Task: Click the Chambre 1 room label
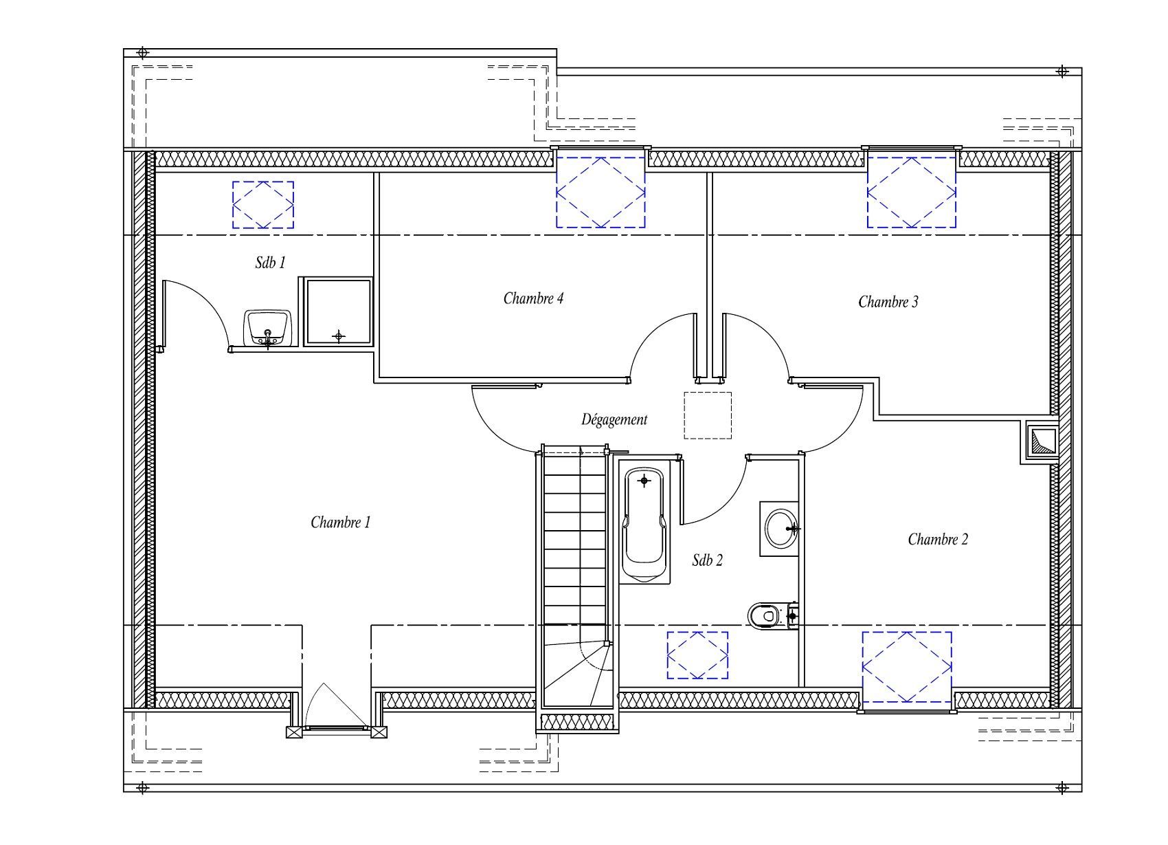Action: click(x=341, y=523)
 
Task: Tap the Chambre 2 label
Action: click(x=938, y=539)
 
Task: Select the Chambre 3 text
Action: click(x=888, y=302)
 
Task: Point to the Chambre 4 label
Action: click(x=533, y=298)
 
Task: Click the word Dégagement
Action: click(x=614, y=419)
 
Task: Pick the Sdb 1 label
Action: click(x=270, y=262)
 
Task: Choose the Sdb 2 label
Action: click(x=707, y=560)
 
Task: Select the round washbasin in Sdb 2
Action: click(x=780, y=529)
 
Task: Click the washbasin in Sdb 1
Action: click(x=268, y=328)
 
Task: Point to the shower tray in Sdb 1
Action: click(x=339, y=311)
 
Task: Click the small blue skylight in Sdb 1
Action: click(x=262, y=205)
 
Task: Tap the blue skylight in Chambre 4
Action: click(x=600, y=192)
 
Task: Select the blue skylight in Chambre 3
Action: click(x=912, y=192)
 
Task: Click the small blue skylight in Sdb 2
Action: click(x=697, y=655)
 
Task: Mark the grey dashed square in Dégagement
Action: click(x=708, y=415)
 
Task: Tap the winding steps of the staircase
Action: click(x=576, y=672)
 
